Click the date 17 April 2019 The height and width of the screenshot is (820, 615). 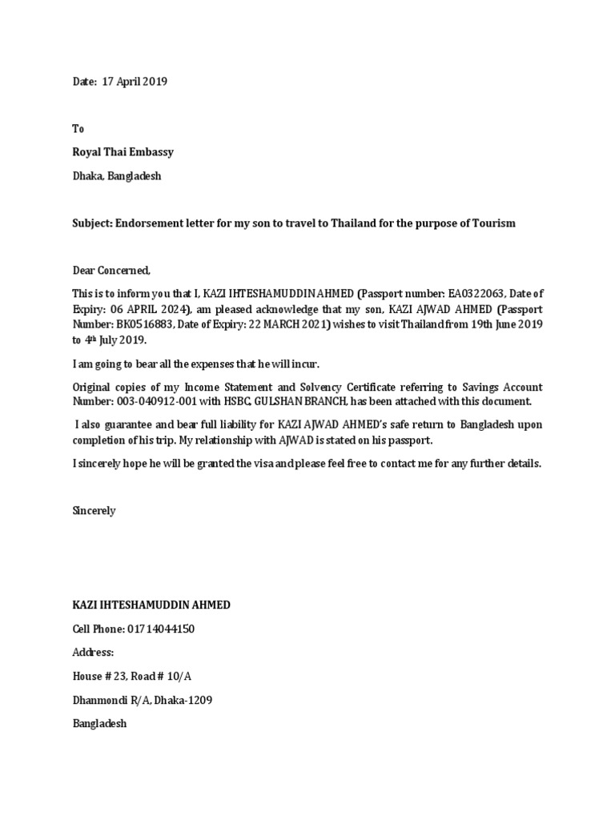(x=135, y=82)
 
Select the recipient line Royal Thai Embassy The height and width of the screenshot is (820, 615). (x=123, y=152)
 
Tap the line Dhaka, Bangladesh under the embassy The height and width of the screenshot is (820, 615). (x=117, y=175)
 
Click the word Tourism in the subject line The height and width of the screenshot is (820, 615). (x=493, y=223)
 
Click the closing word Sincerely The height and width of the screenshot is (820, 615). (x=94, y=510)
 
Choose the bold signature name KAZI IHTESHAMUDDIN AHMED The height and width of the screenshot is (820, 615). (x=151, y=605)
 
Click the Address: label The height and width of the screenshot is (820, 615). (x=94, y=653)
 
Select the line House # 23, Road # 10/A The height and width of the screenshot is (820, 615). (x=132, y=676)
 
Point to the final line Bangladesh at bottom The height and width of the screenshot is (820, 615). (x=100, y=723)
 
